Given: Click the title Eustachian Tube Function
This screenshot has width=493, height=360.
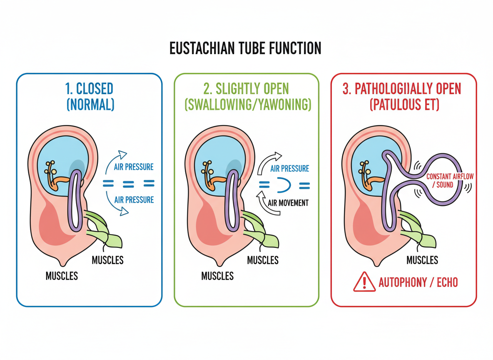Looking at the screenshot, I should pos(245,49).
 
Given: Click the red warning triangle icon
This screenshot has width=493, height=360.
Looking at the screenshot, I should pos(364,282).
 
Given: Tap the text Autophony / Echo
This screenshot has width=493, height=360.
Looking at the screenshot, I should pos(418,282).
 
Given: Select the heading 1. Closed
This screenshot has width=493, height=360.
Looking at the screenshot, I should pos(90,89).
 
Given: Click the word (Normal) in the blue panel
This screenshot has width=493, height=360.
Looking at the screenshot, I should pos(90,105).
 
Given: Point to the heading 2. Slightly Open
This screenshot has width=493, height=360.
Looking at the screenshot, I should pos(247,89).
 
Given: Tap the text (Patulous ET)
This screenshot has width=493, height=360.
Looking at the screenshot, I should pos(404,105).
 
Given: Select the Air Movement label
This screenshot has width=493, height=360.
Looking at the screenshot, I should pos(288,203).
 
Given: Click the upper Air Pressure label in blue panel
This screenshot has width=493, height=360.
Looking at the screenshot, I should pos(134,167).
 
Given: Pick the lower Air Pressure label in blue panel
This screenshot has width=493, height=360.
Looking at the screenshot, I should pos(134,200).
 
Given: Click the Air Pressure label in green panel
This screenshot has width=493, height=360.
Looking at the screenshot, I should pos(289,169).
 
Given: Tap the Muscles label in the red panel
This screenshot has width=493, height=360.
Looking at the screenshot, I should pos(422,260).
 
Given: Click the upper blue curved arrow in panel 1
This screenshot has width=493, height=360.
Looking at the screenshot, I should pos(116,159).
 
